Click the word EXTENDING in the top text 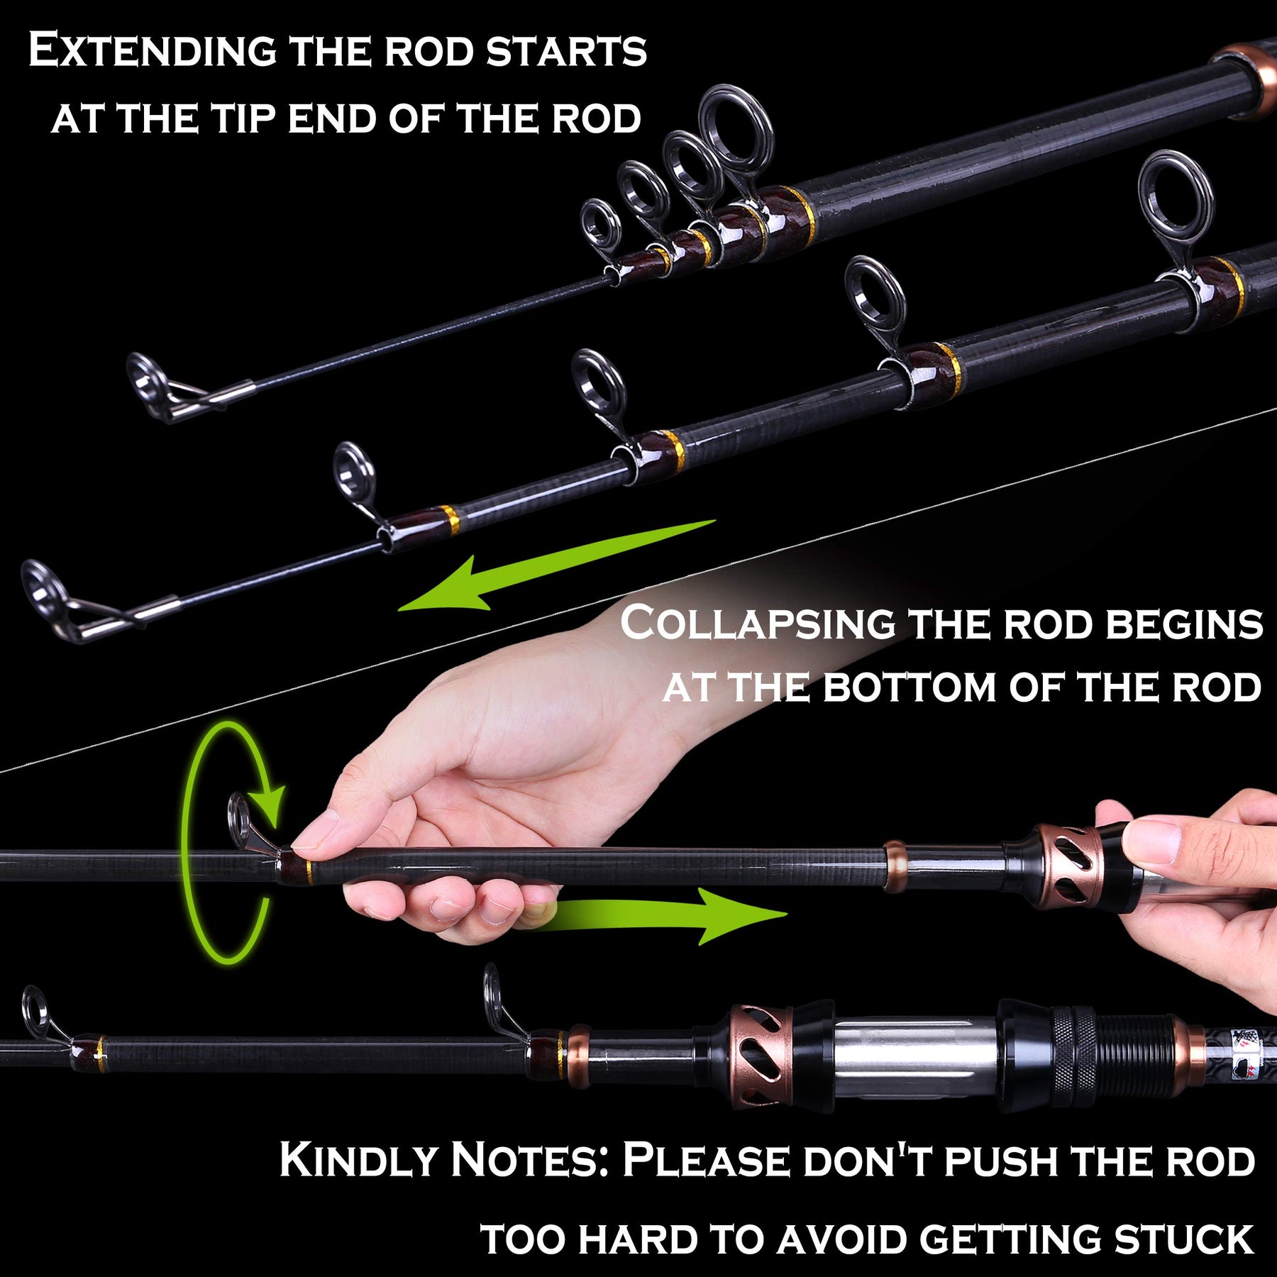[152, 51]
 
